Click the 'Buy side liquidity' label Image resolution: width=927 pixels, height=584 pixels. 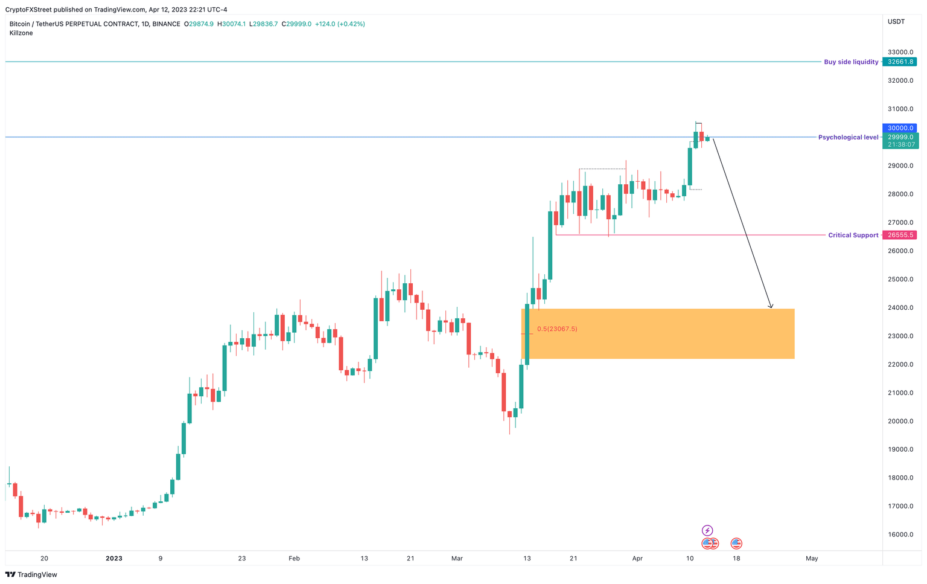click(851, 62)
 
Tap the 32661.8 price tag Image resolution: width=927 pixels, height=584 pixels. click(899, 62)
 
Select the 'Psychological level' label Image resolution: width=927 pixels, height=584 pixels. click(848, 138)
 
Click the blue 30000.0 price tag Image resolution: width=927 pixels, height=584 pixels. click(899, 128)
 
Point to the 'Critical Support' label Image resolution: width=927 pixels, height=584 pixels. click(853, 236)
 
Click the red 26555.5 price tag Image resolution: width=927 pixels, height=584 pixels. click(899, 235)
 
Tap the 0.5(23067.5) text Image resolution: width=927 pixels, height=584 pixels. click(557, 329)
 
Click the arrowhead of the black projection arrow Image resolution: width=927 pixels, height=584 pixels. click(771, 306)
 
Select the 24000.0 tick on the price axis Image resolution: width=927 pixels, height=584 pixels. click(900, 308)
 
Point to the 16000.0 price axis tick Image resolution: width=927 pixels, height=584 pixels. click(900, 535)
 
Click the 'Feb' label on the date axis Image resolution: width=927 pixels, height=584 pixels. click(294, 559)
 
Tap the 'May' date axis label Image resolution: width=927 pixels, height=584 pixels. click(812, 559)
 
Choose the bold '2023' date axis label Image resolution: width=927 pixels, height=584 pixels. click(113, 559)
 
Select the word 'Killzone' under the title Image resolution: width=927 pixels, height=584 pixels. click(21, 33)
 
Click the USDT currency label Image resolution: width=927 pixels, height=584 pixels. click(896, 22)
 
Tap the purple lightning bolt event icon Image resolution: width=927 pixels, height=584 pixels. click(707, 531)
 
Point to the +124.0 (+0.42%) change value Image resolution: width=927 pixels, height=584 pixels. click(340, 24)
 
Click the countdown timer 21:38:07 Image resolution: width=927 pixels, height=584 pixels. click(902, 145)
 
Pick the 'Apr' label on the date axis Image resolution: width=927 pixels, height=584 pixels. click(637, 559)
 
